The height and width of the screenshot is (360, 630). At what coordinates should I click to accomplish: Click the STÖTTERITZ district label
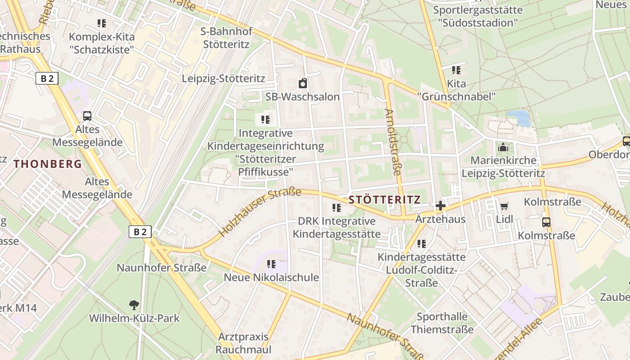coord(384,200)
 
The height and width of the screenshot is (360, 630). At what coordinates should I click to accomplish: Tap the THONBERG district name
coord(48,164)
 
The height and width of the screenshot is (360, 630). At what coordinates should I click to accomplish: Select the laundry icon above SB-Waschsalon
coord(303,83)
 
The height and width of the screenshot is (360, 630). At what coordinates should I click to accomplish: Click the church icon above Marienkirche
coord(503,147)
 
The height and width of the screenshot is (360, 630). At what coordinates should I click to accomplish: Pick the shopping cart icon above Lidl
coord(504,207)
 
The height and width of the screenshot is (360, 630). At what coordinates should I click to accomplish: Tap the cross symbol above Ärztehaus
coord(440,206)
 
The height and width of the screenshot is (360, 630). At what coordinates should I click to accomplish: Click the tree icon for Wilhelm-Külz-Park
coord(134,305)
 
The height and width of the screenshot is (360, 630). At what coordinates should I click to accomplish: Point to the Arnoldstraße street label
coord(392,142)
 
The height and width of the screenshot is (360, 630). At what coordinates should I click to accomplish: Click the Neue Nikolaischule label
coord(271,277)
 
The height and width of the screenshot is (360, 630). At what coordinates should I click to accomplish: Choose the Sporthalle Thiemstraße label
coord(442,323)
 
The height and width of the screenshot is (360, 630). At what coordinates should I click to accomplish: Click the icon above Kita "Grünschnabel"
coord(456,70)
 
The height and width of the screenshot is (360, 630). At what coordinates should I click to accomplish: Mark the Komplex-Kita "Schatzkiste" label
coord(102,43)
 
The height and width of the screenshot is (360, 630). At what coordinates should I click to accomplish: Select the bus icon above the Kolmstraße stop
coord(546,222)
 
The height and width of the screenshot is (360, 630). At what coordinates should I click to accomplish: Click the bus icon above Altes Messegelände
coord(87,116)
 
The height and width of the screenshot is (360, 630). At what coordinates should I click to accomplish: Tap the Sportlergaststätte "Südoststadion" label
coord(478,16)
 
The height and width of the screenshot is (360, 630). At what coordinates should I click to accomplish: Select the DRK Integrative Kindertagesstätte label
coord(337,227)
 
